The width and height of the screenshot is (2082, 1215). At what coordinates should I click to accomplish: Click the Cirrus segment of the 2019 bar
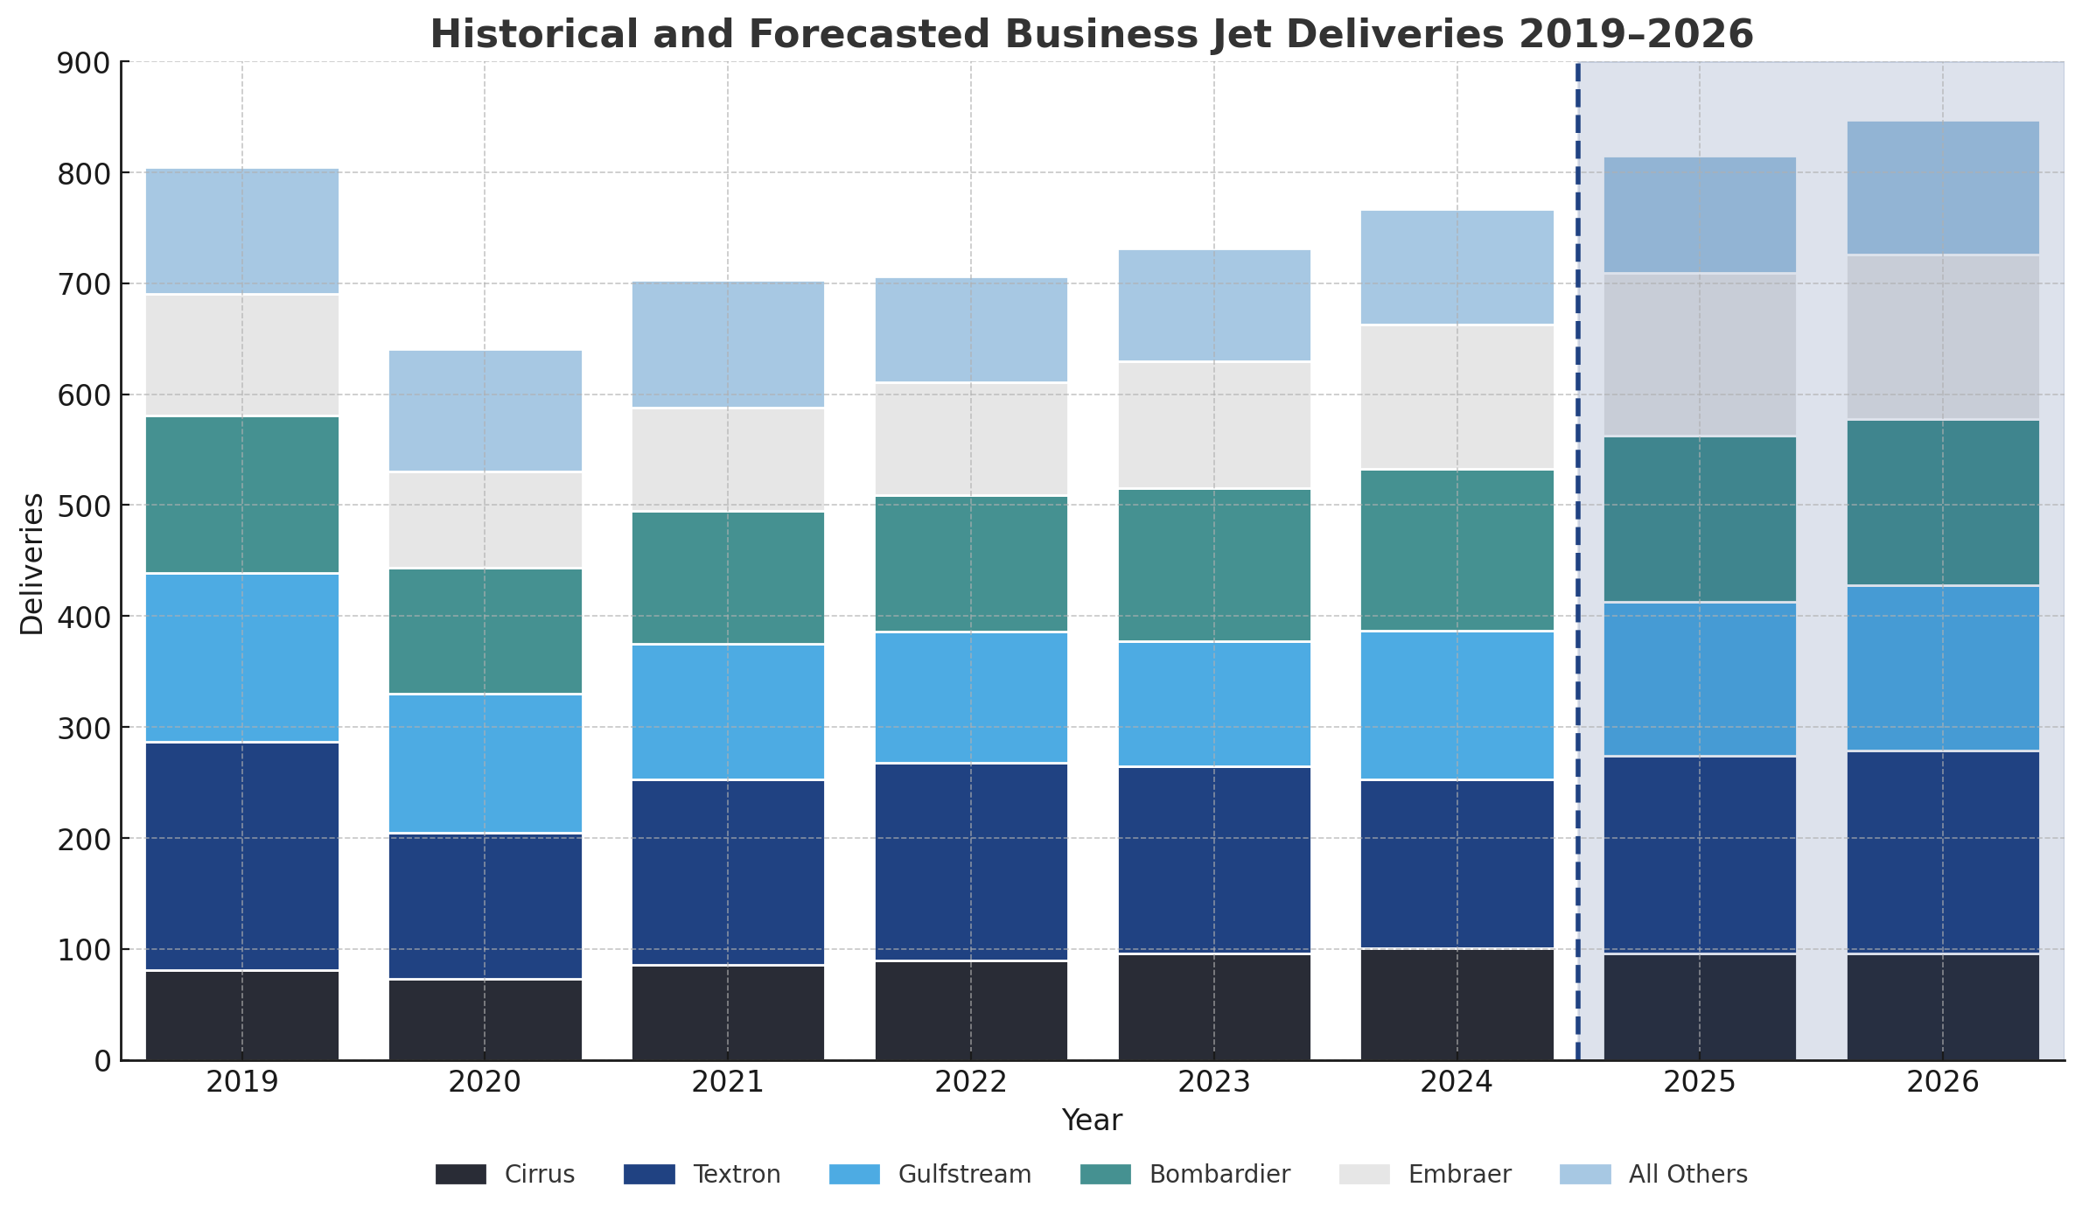point(242,1015)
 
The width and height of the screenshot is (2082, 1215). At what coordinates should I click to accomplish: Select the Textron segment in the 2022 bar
point(971,862)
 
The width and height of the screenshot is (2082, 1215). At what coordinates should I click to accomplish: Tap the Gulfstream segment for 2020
point(486,763)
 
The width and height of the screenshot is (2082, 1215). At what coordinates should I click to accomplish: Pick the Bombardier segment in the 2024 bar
point(1457,550)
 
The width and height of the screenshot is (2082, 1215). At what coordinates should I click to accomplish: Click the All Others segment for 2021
point(728,345)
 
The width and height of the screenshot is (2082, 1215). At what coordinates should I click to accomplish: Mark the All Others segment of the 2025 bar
point(1700,215)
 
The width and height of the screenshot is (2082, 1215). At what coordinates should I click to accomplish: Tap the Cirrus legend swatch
point(461,1174)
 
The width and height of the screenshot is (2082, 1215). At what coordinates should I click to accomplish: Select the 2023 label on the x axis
point(1214,1083)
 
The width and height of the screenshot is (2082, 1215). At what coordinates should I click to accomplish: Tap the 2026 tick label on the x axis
point(1943,1083)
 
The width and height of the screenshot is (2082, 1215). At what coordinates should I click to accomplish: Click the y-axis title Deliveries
point(31,564)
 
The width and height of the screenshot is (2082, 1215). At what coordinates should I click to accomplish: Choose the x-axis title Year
point(1092,1121)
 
